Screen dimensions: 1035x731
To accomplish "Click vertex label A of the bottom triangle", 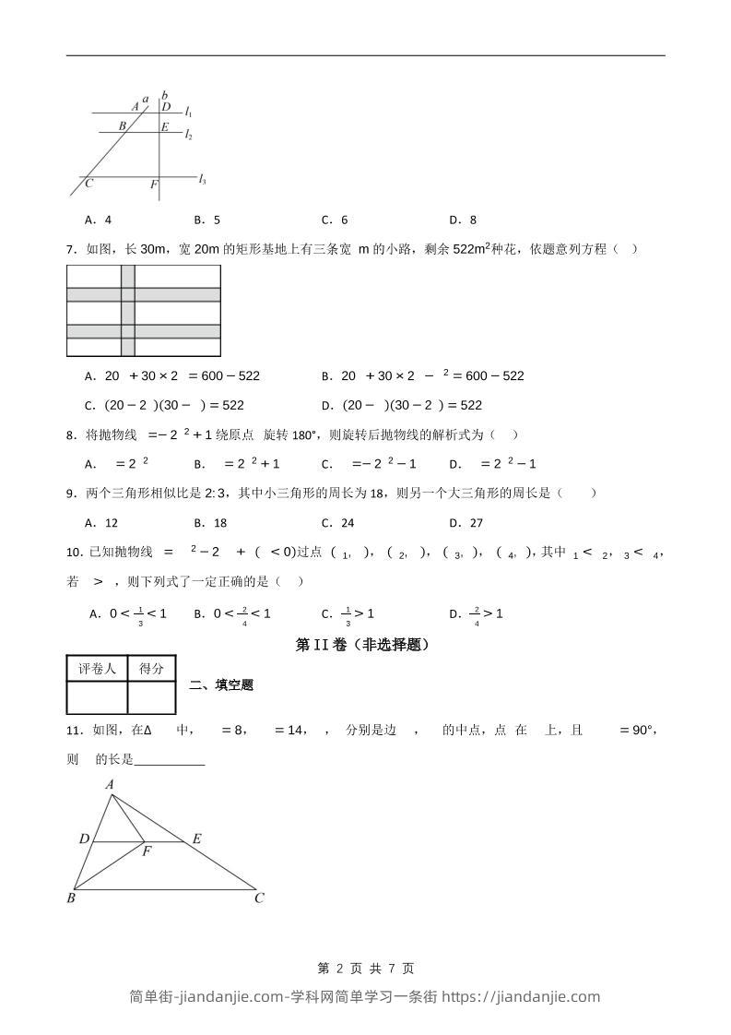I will [x=110, y=784].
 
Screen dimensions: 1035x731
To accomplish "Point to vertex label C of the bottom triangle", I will [x=260, y=898].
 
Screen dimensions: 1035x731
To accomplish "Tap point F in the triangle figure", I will [x=147, y=851].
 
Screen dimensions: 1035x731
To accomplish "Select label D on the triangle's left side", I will [x=84, y=839].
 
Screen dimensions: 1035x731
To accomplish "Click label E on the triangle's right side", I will [x=196, y=839].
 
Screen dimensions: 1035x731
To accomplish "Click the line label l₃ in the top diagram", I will [x=202, y=180].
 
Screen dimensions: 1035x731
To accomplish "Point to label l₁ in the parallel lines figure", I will [x=188, y=112].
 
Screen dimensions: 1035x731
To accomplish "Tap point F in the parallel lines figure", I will [x=154, y=185].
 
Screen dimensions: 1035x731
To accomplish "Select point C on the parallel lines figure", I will [x=88, y=184].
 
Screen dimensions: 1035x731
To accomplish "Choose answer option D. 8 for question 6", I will [x=463, y=220].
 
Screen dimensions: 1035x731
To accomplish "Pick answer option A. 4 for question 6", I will [x=98, y=220].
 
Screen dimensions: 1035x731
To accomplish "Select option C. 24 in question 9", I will [x=337, y=522].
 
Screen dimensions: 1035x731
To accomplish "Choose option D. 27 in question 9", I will [x=466, y=522].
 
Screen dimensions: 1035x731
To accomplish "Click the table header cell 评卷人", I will [x=97, y=669].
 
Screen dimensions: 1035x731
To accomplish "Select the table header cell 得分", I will [x=151, y=669].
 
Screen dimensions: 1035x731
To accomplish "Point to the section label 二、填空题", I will [x=221, y=684].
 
